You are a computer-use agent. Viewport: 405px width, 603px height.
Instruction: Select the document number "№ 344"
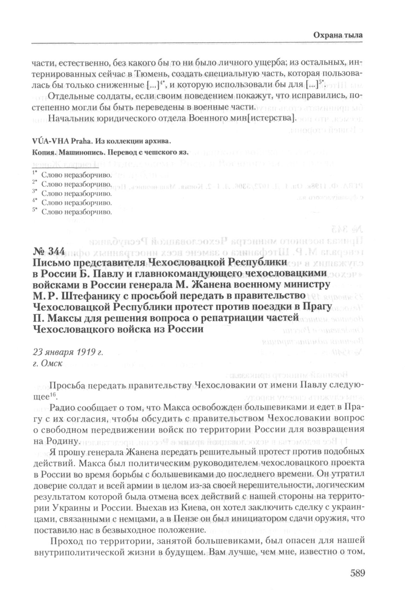coord(49,252)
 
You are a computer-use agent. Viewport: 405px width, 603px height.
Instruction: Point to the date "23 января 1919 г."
coord(67,352)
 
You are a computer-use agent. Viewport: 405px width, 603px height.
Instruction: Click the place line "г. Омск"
coord(48,364)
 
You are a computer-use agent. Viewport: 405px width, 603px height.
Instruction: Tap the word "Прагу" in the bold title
coord(316,307)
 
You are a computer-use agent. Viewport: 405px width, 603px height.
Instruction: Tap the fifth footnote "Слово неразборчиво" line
coord(76,212)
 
